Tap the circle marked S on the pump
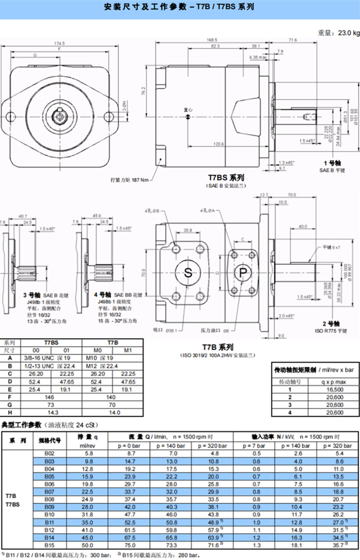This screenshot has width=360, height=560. pyautogui.click(x=188, y=272)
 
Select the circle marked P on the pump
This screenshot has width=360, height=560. pyautogui.click(x=243, y=272)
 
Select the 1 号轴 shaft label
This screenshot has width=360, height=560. pyautogui.click(x=332, y=163)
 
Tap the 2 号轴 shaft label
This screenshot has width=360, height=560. pyautogui.click(x=331, y=323)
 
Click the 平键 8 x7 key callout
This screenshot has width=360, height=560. pyautogui.click(x=330, y=247)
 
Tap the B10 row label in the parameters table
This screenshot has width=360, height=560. pyautogui.click(x=49, y=514)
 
